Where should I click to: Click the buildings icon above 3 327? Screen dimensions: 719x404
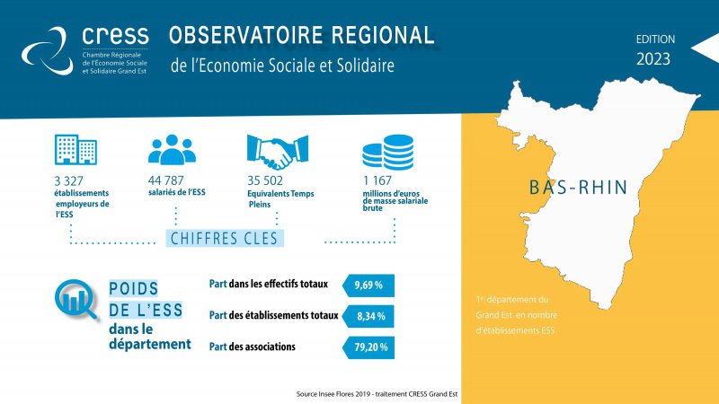(x=75, y=149)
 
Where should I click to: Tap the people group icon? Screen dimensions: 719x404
(x=172, y=149)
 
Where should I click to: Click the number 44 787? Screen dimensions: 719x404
(x=166, y=180)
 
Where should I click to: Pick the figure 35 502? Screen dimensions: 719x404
(x=265, y=180)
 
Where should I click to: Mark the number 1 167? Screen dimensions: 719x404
(x=377, y=180)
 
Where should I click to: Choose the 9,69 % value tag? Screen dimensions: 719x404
(x=368, y=285)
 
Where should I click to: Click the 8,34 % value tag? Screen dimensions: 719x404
(x=368, y=317)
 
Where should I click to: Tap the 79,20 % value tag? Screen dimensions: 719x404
(x=368, y=347)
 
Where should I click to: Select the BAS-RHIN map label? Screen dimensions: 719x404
(x=578, y=188)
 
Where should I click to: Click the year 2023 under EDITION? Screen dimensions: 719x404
(x=653, y=59)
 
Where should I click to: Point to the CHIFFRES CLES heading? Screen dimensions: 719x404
(x=224, y=239)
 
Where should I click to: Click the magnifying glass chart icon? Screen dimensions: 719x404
(x=76, y=299)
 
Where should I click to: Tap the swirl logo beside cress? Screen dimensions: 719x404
(x=48, y=51)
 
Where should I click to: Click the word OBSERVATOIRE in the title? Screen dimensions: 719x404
(x=246, y=35)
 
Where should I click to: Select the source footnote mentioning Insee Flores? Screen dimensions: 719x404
(x=377, y=394)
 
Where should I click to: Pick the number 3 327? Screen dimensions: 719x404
(x=69, y=181)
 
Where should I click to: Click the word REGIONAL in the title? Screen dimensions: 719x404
(x=383, y=35)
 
